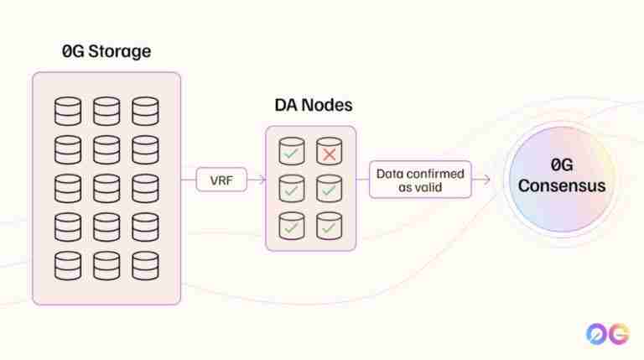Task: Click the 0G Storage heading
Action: (106, 50)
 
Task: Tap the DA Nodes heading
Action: (313, 106)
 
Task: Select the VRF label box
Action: (222, 179)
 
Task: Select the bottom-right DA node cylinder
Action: (329, 224)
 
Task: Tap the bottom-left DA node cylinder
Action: (292, 224)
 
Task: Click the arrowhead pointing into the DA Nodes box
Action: (262, 179)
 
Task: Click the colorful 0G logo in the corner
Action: (607, 333)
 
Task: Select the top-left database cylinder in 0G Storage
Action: (68, 111)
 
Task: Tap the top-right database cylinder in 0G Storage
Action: (145, 111)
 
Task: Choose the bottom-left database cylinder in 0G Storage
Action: (68, 265)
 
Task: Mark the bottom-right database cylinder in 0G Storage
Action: (145, 265)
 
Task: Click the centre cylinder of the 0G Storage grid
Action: (106, 188)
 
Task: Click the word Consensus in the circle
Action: (561, 185)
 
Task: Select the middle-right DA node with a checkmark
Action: (329, 188)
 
